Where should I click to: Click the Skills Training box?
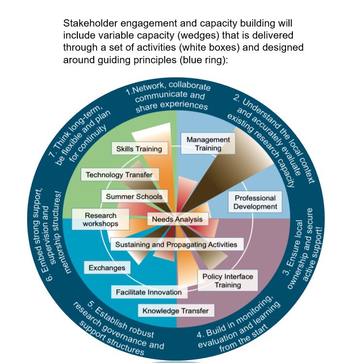click(139, 149)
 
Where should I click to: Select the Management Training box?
click(208, 144)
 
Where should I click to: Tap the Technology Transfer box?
click(119, 175)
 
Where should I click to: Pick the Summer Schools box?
click(134, 196)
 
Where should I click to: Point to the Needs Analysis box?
click(177, 220)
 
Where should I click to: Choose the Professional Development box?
click(255, 202)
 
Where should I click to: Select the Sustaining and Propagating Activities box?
click(176, 244)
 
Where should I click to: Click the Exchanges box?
click(107, 268)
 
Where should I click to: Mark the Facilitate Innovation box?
click(149, 292)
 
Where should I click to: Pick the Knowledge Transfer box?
click(175, 311)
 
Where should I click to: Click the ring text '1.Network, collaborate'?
click(168, 89)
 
